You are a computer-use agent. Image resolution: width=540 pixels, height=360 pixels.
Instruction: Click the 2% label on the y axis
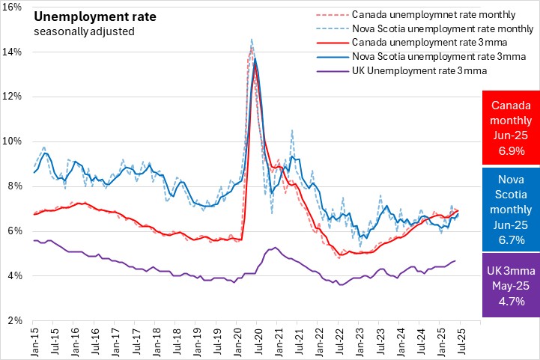coord(17,320)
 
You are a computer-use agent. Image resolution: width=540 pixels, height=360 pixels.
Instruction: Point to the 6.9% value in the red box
coord(511,152)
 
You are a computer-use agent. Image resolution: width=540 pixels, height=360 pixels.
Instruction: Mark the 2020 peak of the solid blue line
coord(255,59)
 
